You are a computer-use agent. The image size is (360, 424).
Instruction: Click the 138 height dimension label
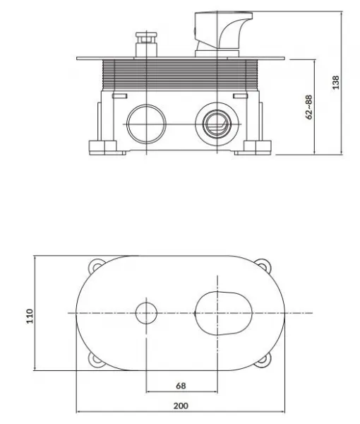[x=335, y=83]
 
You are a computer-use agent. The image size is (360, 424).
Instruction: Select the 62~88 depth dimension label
[x=309, y=107]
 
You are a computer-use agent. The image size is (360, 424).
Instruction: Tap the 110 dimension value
[x=30, y=316]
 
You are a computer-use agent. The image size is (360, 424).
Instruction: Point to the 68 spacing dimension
[x=181, y=386]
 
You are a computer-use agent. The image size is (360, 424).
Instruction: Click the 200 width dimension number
[x=181, y=406]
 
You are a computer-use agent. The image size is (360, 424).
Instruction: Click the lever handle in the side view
[x=224, y=35]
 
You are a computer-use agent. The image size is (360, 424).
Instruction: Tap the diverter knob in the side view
[x=146, y=45]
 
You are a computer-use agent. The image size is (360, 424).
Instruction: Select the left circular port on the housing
[x=146, y=124]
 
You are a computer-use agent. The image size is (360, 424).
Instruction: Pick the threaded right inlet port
[x=217, y=124]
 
